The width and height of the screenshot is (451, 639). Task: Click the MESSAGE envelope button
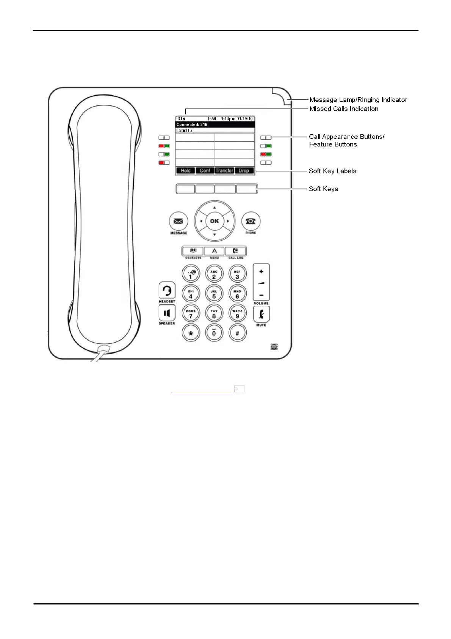tap(178, 221)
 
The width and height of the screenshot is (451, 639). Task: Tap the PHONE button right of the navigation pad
tap(251, 221)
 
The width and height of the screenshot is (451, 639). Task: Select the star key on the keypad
tap(191, 333)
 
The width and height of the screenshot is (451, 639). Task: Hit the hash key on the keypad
tap(237, 333)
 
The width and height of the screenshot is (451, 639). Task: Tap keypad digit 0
tap(214, 333)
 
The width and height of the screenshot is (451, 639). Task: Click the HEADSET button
tap(167, 291)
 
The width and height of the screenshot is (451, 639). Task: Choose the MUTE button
tap(261, 314)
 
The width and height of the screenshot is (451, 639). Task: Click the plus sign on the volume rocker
tap(261, 272)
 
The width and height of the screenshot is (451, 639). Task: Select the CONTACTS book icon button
tap(193, 251)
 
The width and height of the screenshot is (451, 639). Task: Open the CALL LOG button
tap(235, 251)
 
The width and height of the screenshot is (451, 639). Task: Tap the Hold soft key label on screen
tap(186, 171)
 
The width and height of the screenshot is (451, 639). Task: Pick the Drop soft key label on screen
tap(244, 171)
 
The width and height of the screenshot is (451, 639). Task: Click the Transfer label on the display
tap(224, 171)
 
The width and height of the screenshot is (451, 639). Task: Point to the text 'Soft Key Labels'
tap(332, 171)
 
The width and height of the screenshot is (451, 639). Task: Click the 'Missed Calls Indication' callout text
tap(344, 109)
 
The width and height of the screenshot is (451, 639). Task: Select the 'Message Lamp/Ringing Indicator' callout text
tap(358, 100)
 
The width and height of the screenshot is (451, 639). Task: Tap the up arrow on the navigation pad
tap(215, 208)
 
